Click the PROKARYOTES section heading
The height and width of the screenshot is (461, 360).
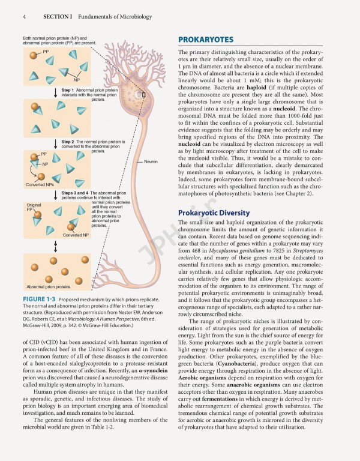coord(206,40)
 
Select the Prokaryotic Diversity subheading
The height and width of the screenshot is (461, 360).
coord(214,213)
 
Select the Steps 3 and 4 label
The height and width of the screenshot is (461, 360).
coord(75,193)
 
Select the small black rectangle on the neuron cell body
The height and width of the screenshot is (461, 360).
coord(143,94)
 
